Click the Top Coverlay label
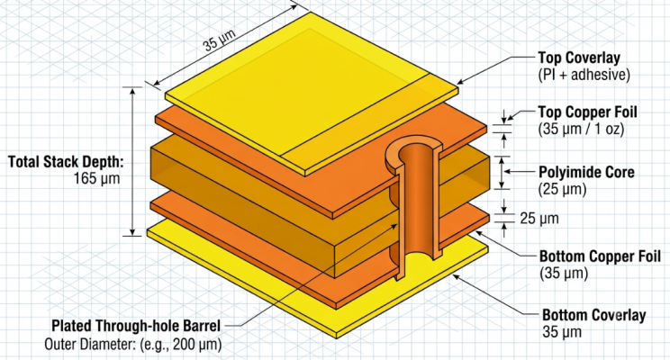tap(579, 58)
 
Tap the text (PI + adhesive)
tap(584, 75)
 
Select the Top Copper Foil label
tap(587, 112)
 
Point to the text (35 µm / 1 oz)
tap(581, 129)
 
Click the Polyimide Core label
tap(586, 173)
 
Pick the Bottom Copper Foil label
tap(600, 256)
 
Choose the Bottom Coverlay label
tap(594, 315)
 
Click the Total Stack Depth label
tap(67, 162)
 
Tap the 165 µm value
tap(96, 178)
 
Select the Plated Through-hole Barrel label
tap(136, 326)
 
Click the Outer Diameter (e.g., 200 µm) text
tap(133, 344)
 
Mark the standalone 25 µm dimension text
tap(539, 218)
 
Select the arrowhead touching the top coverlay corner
tap(461, 81)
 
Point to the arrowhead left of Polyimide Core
tap(508, 172)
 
